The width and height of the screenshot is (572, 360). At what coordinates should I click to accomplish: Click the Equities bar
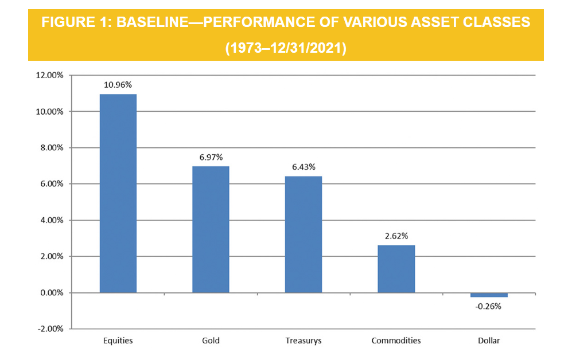point(118,193)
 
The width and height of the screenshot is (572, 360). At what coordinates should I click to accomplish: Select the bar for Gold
point(211,229)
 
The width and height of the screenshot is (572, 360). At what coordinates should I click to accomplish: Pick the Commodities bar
point(396,269)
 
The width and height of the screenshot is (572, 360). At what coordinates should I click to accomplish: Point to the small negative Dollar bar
point(489,295)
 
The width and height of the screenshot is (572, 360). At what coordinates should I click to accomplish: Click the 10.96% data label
point(118,84)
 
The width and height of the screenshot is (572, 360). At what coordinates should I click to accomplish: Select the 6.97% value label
point(211,156)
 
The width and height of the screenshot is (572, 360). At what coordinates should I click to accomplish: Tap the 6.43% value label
point(303,166)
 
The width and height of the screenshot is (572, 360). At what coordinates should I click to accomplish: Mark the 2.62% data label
point(396,236)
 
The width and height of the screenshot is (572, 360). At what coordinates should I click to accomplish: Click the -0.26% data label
point(489,306)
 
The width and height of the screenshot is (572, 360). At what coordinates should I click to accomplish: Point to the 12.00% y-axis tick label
point(49,75)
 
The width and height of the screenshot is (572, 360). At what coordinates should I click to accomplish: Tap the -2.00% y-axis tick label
point(50,329)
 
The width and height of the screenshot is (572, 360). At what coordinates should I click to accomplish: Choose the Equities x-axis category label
point(118,341)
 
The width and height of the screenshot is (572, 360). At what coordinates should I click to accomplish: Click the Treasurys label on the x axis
point(303,341)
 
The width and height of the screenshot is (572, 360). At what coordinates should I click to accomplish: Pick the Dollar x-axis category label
point(489,341)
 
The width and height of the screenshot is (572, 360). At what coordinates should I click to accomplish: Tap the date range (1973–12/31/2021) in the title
point(286,48)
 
